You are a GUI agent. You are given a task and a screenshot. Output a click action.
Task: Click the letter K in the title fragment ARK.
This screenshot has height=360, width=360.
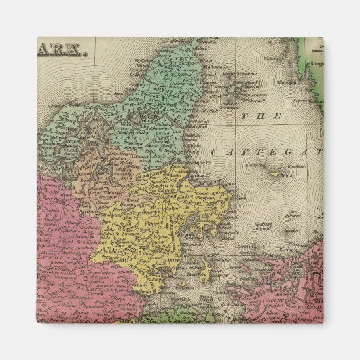pyautogui.click(x=75, y=50)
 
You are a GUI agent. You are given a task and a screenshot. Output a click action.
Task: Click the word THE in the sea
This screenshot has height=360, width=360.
pyautogui.click(x=251, y=116)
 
